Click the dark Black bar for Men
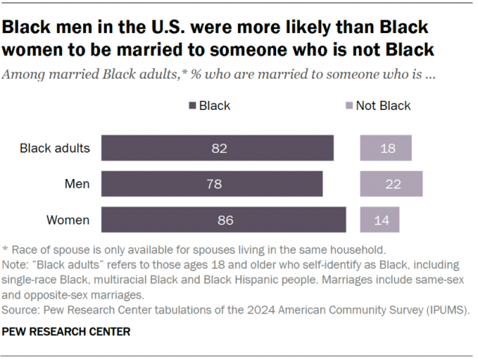(x=212, y=184)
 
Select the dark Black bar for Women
(x=223, y=220)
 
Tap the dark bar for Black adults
(x=218, y=148)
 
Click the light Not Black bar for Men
(x=391, y=184)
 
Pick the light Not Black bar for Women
(x=379, y=220)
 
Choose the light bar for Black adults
(x=385, y=148)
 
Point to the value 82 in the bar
(x=218, y=148)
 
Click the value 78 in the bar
(x=213, y=184)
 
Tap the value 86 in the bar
(x=225, y=220)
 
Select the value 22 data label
(x=391, y=184)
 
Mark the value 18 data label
(x=387, y=148)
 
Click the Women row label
(x=68, y=220)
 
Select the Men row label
(x=76, y=184)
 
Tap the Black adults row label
(x=55, y=148)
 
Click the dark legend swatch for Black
(x=193, y=106)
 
